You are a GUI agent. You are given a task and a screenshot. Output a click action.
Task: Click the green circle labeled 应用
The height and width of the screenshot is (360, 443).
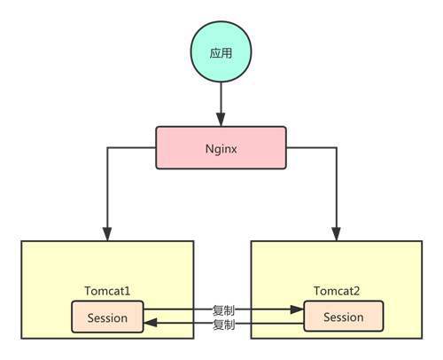pos(221,52)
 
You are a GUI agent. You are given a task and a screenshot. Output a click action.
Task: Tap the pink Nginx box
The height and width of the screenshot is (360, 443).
pos(221,148)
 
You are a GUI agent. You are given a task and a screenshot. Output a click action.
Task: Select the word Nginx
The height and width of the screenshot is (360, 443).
pos(221,149)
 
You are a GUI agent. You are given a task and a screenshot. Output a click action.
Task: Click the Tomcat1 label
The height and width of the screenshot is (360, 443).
pos(107,291)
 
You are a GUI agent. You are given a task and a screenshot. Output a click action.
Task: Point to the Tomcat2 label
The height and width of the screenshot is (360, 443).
pos(337,291)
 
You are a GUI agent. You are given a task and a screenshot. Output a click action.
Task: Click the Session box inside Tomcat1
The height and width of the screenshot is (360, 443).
pos(107,317)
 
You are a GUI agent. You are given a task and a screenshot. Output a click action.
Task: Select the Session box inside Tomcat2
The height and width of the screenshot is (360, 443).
pos(344,316)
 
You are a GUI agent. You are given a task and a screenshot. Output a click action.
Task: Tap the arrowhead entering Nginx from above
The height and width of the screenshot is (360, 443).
pos(221,120)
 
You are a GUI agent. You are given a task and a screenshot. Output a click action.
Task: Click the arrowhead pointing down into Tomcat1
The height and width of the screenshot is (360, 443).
pos(107,234)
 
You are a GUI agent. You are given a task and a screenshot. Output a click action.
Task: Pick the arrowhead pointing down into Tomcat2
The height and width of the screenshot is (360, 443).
pos(337,234)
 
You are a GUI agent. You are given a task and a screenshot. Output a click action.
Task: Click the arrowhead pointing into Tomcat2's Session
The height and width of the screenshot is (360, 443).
pos(297,309)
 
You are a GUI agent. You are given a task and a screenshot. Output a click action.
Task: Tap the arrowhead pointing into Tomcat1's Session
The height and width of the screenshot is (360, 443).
pos(151,323)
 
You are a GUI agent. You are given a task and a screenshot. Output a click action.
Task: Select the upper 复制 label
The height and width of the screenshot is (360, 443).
pos(223,310)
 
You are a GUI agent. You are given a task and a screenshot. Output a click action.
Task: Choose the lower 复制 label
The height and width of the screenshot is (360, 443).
pos(223,325)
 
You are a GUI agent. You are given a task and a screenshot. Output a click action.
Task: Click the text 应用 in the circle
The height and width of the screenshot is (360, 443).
pos(221,53)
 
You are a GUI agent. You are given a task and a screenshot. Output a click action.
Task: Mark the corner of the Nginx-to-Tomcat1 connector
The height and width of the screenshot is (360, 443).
pos(107,147)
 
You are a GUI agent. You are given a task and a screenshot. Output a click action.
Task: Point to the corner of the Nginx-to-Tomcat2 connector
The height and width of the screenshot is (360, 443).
pos(337,147)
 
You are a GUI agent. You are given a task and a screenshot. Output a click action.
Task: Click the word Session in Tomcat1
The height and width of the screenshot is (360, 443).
pos(107,318)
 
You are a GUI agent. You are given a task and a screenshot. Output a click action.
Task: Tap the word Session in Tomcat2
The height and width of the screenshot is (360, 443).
pos(344,317)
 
